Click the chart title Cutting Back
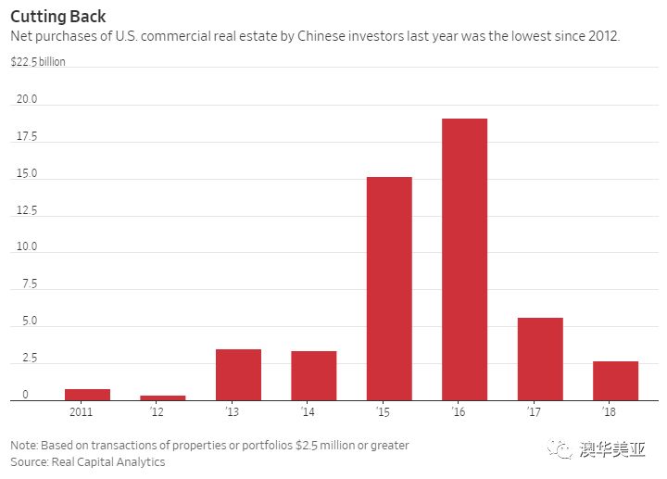(x=57, y=17)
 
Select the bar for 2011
(x=87, y=395)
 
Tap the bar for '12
(x=163, y=397)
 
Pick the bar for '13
(x=238, y=374)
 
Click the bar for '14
(x=314, y=375)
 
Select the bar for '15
(x=389, y=288)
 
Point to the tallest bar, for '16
(x=464, y=259)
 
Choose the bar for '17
(x=540, y=359)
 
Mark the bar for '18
(x=615, y=381)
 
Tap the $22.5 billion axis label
(x=38, y=62)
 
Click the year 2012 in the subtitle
(x=600, y=37)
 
